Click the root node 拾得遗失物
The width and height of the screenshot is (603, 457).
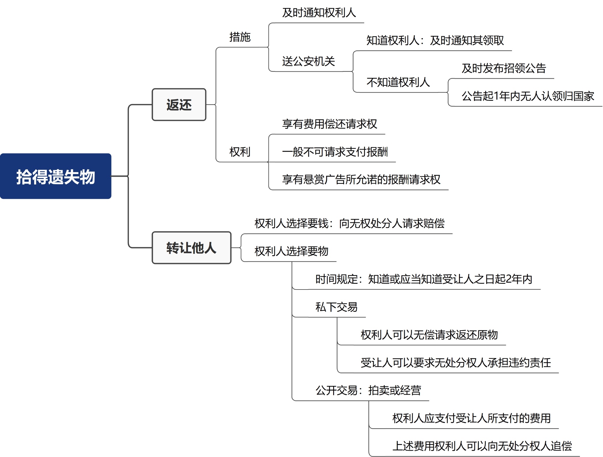56,176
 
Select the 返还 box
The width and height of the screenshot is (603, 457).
179,105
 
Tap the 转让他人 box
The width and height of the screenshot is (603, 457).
191,247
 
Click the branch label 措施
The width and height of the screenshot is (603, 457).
240,37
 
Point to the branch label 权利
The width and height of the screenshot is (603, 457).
240,152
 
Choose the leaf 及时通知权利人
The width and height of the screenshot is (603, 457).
319,13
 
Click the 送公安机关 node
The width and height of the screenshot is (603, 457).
308,61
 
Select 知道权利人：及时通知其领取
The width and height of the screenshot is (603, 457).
435,41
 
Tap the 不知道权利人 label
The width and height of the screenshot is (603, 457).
398,82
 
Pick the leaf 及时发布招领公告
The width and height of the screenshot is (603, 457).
504,68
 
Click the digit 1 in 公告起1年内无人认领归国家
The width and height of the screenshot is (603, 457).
496,96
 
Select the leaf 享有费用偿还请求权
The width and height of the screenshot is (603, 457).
329,124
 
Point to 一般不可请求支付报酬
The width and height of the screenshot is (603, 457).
335,152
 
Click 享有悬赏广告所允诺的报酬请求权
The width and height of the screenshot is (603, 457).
361,180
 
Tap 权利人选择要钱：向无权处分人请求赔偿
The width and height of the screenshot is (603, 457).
349,223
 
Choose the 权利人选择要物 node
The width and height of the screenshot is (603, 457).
291,251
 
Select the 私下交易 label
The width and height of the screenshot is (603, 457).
336,307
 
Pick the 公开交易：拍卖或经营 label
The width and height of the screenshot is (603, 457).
368,391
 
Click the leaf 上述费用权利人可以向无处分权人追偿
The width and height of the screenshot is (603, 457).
482,446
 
